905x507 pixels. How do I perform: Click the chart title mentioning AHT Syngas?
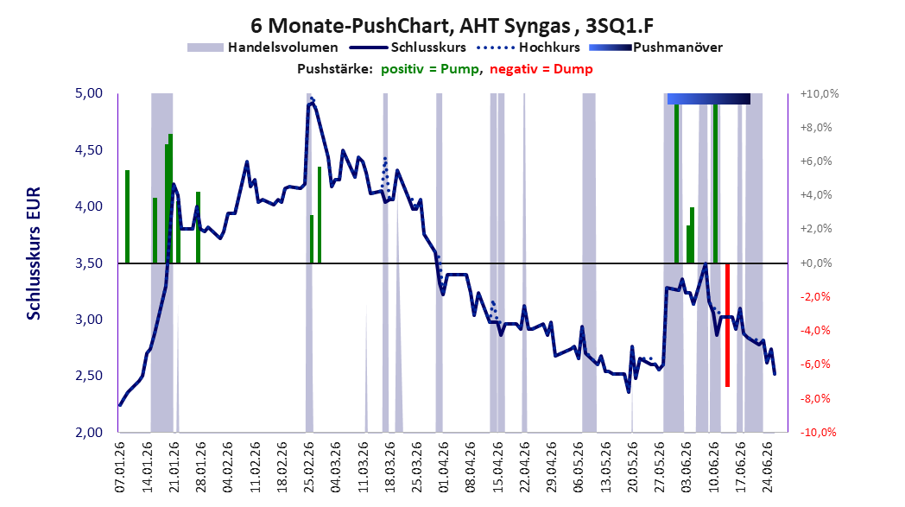452,25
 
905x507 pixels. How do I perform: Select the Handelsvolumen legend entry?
263,48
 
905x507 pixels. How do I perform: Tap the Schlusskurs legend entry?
408,48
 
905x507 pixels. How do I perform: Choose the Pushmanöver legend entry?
655,48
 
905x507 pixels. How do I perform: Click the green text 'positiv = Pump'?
429,69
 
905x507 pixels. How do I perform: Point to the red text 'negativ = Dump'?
541,69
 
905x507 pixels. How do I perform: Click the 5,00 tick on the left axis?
89,93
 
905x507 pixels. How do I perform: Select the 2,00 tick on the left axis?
89,433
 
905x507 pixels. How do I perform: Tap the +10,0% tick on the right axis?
819,94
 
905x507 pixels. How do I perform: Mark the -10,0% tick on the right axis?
818,433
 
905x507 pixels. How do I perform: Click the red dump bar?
727,325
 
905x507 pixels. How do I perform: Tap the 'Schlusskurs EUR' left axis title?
34,253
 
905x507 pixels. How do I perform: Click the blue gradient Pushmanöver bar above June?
709,98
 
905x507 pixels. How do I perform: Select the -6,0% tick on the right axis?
817,364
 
